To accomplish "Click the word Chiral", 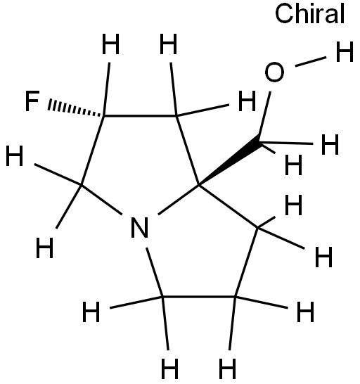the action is (x=310, y=14).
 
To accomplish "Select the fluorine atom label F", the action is (x=32, y=101).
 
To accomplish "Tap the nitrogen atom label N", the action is (x=140, y=227).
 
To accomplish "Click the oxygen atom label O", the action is (x=274, y=72).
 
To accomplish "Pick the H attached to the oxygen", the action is (x=345, y=51).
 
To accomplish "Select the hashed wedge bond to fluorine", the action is (x=76, y=108).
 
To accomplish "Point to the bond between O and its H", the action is (x=311, y=61).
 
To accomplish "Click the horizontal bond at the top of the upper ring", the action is (x=140, y=115).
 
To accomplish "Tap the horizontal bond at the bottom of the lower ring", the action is (x=198, y=297).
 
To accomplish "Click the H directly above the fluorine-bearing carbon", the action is (x=110, y=44).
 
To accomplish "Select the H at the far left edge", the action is (x=15, y=155).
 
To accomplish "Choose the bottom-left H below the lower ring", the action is (x=169, y=369).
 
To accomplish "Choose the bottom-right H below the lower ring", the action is (x=227, y=369).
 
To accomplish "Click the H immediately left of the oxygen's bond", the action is (x=247, y=101).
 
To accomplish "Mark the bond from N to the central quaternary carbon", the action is (x=179, y=199).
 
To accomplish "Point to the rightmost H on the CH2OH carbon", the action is (x=330, y=145).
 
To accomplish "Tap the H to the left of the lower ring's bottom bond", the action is (x=91, y=312).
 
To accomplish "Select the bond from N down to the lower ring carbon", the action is (x=155, y=272).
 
